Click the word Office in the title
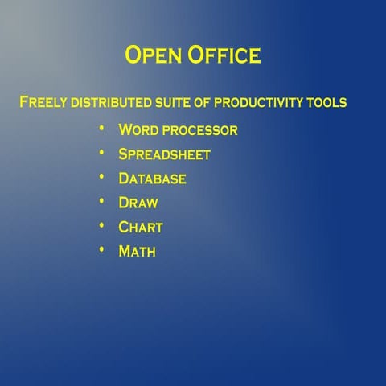tap(224, 55)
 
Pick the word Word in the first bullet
tap(138, 130)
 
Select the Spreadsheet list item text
tap(164, 154)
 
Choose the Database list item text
tap(152, 179)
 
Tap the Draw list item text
tap(138, 203)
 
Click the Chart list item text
tap(141, 227)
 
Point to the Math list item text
tap(137, 251)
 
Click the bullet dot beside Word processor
tap(101, 129)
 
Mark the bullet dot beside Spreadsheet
tap(101, 153)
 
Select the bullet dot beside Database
tap(101, 177)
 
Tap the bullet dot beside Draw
tap(101, 201)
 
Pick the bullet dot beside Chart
tap(101, 225)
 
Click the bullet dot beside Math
tap(101, 249)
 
